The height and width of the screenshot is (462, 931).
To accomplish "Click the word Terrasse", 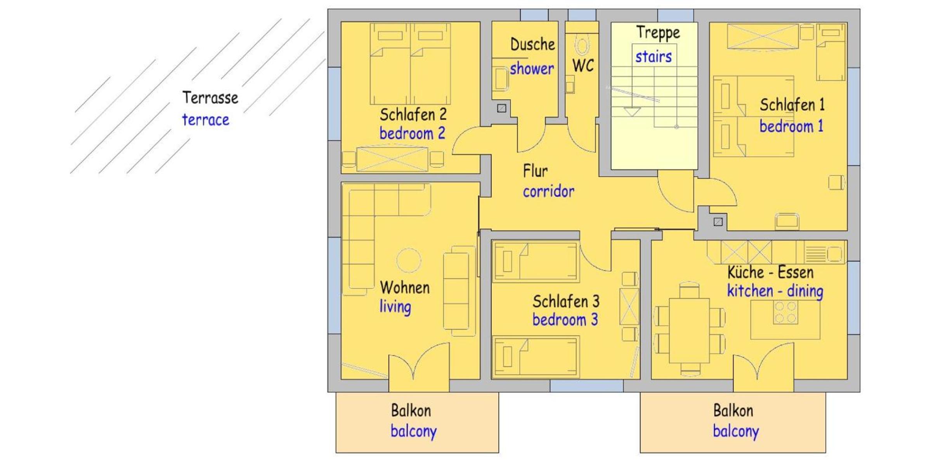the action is tap(210, 98).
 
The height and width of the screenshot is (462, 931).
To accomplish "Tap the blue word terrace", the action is tap(206, 120).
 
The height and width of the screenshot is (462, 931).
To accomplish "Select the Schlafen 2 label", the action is tap(413, 115).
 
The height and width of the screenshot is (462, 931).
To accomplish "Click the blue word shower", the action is tap(532, 69).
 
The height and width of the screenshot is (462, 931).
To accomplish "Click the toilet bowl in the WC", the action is tap(582, 46).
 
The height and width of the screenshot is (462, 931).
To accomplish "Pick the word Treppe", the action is tap(658, 33).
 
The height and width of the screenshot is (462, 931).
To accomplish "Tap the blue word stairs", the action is tap(654, 57).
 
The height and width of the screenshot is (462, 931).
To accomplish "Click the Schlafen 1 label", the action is tap(792, 105).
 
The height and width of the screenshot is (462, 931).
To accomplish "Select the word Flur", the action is tap(536, 171).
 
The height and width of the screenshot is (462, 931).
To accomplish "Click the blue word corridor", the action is tap(548, 191).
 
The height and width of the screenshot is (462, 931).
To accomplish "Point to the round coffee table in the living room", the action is tap(409, 260).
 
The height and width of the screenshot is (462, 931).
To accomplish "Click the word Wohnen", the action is tap(405, 288).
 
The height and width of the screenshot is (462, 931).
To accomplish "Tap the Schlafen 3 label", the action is tap(566, 301).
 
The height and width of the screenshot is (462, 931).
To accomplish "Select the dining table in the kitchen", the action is tap(689, 330).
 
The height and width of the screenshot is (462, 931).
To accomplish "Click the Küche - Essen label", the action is tap(770, 273).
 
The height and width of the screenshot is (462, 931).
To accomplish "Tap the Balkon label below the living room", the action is tap(411, 411).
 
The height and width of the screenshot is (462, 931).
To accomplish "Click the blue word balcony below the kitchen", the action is tap(736, 432).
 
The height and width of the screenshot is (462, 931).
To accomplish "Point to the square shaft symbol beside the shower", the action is tap(501, 108).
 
